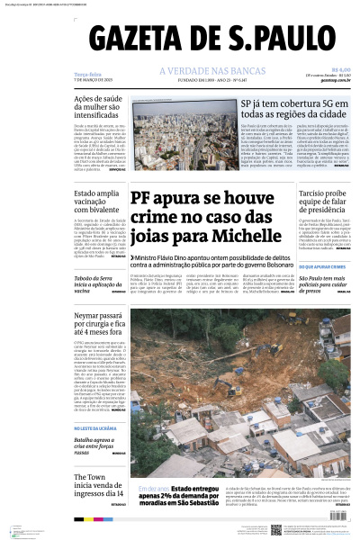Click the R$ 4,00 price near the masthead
coord(341,69)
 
